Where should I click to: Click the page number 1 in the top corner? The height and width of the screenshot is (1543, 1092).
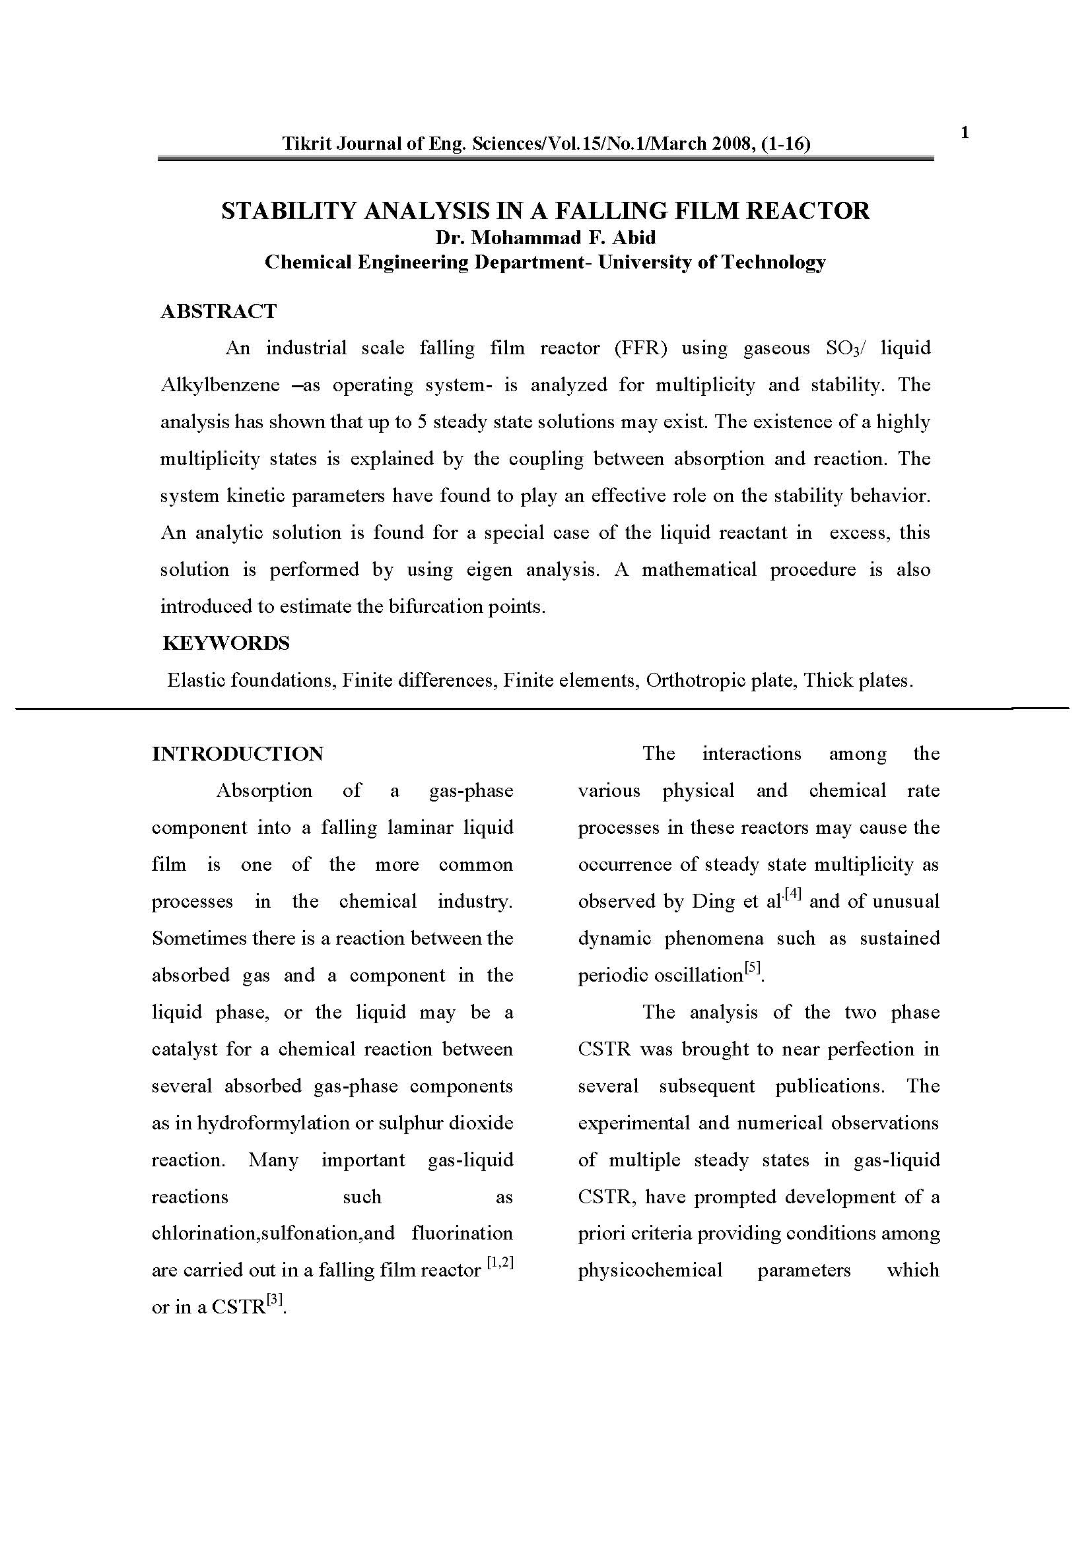pyautogui.click(x=965, y=133)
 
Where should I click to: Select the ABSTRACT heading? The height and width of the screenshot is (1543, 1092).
pyautogui.click(x=219, y=311)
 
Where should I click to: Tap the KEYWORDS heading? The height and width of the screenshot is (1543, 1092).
pyautogui.click(x=226, y=643)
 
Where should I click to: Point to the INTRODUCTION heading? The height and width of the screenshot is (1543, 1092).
pyautogui.click(x=238, y=753)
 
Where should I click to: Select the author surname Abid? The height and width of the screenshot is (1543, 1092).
pyautogui.click(x=636, y=238)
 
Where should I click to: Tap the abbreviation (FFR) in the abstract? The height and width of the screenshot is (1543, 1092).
pyautogui.click(x=640, y=348)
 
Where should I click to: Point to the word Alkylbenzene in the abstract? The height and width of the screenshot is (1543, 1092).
pyautogui.click(x=220, y=385)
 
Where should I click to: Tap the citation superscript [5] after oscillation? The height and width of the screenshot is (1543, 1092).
pyautogui.click(x=753, y=968)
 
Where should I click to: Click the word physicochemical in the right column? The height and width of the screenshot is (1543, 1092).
pyautogui.click(x=650, y=1270)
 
